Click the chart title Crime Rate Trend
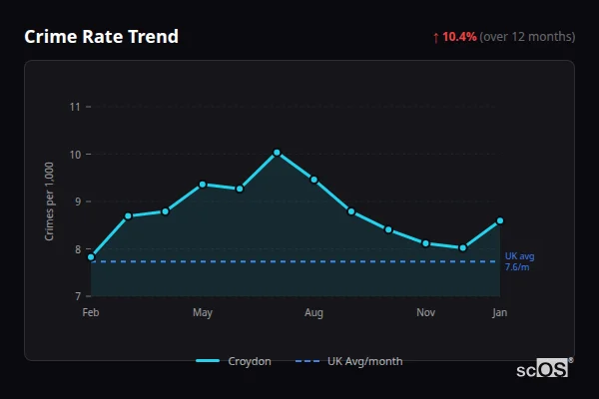click(x=101, y=37)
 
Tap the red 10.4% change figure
click(x=459, y=37)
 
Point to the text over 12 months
click(x=527, y=37)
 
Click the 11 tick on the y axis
click(x=75, y=107)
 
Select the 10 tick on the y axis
click(x=75, y=155)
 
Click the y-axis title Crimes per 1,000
click(x=50, y=201)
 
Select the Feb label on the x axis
click(x=91, y=313)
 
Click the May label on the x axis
click(x=203, y=313)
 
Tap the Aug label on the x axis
click(x=313, y=313)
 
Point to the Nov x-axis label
click(x=425, y=313)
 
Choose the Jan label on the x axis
click(x=499, y=313)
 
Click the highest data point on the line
click(x=277, y=153)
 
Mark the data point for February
click(x=91, y=257)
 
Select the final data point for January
click(x=500, y=220)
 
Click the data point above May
click(x=203, y=185)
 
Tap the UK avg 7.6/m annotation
click(x=519, y=261)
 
